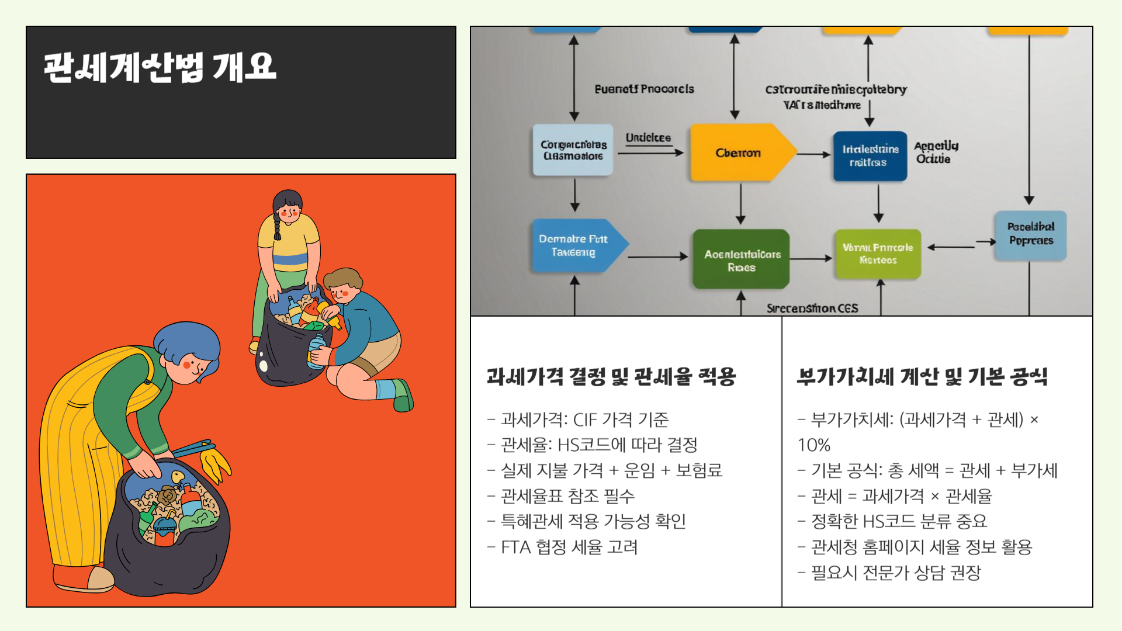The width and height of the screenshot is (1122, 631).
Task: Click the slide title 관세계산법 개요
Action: (x=160, y=67)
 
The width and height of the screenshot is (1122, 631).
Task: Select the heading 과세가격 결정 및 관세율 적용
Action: (x=611, y=377)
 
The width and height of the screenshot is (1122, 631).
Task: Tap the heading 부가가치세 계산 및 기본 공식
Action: (x=922, y=377)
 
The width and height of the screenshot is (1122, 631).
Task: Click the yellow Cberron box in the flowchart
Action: (x=738, y=153)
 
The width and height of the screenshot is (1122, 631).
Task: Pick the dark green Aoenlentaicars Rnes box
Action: (x=741, y=260)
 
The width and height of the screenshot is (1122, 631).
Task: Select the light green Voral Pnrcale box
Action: (x=878, y=254)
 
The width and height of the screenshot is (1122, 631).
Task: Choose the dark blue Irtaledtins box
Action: (x=870, y=155)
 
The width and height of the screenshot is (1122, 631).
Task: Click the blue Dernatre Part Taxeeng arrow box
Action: (x=574, y=245)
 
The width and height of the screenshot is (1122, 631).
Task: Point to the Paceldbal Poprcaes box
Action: (x=1031, y=234)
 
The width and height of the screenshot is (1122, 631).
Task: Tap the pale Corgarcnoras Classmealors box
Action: (x=573, y=150)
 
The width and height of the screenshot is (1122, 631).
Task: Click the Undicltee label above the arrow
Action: (x=648, y=138)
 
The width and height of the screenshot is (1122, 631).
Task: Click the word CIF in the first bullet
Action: (x=585, y=419)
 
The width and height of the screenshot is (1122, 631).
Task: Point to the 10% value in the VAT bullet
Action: (x=814, y=445)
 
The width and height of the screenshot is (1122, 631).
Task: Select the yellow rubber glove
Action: (x=214, y=462)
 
